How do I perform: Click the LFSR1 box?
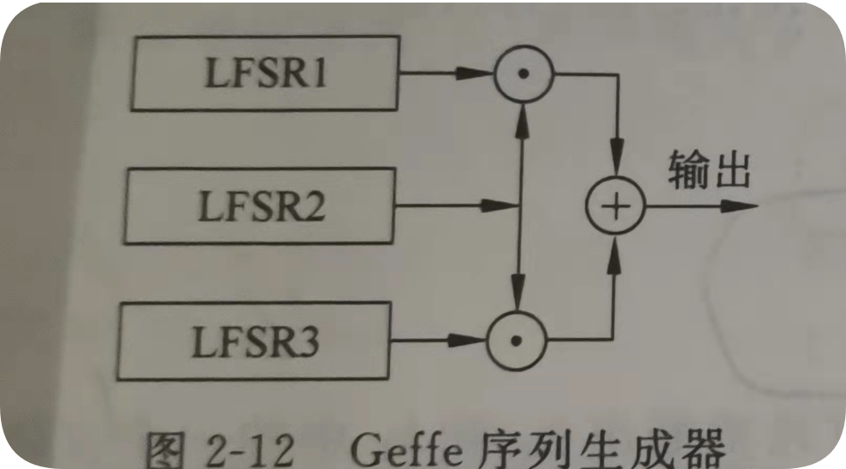(265, 74)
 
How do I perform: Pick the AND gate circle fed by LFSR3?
(516, 341)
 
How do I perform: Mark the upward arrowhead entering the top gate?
(523, 120)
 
